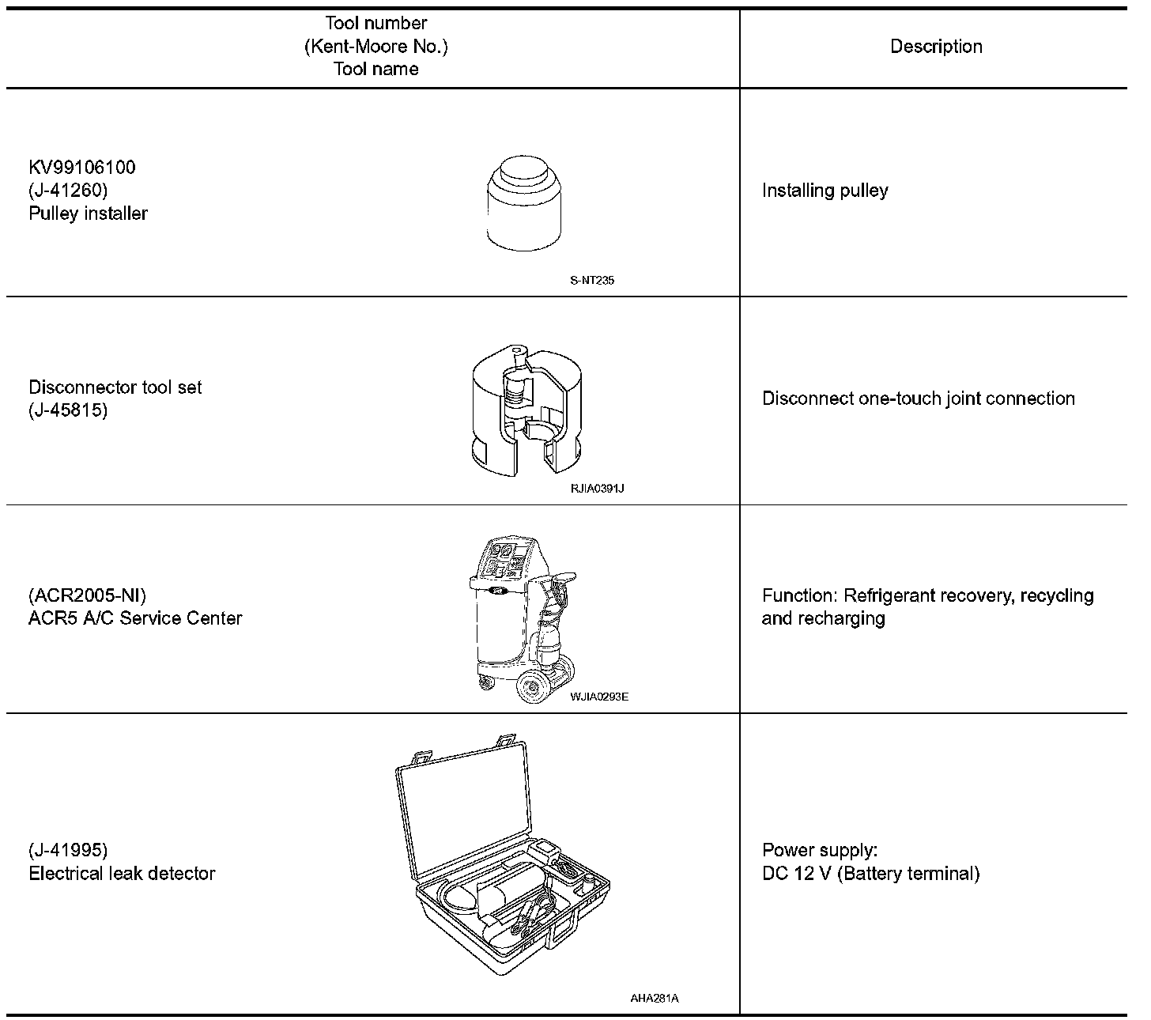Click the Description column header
936,47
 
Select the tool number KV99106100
82,168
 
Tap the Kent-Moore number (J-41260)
68,191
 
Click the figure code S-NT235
592,280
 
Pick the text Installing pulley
825,191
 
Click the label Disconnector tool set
115,387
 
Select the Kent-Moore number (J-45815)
68,410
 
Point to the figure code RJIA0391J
598,488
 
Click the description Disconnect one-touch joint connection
918,399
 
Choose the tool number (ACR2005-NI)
88,595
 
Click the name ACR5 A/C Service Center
135,618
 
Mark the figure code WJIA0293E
598,697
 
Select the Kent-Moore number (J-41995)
68,851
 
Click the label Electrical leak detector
122,874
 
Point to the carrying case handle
564,928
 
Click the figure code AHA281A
655,998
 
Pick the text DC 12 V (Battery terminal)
870,874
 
